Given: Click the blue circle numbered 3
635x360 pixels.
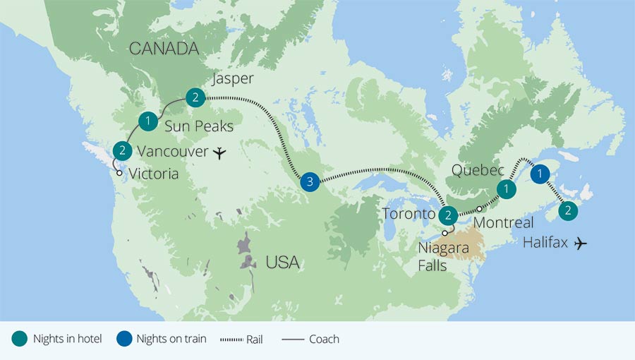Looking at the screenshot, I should tap(308, 182).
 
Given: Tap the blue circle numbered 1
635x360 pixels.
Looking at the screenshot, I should tap(540, 174).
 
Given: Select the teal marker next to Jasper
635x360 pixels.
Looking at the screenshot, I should tap(195, 97).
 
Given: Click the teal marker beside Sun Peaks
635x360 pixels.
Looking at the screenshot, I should tap(147, 121).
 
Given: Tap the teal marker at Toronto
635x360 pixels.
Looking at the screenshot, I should tap(447, 215).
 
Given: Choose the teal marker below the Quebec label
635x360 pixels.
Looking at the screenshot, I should tap(506, 188).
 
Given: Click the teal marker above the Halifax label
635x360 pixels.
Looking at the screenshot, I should tap(569, 210).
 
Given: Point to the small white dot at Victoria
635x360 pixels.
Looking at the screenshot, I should tap(119, 173).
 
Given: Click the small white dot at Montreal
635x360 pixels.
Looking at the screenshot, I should tap(479, 208).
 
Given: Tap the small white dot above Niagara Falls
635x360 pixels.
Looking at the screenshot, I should tap(445, 233).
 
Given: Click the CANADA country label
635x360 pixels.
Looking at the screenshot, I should tap(163, 49).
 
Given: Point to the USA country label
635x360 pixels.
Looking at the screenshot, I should tap(282, 263).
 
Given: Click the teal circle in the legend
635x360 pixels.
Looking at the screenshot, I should tap(19, 339).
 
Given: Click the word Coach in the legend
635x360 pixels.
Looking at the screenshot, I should tap(323, 340).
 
